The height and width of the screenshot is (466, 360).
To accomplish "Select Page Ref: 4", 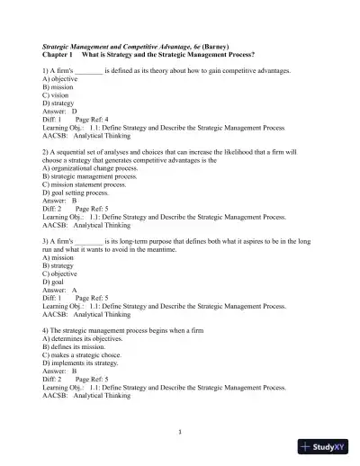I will (x=92, y=119).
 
